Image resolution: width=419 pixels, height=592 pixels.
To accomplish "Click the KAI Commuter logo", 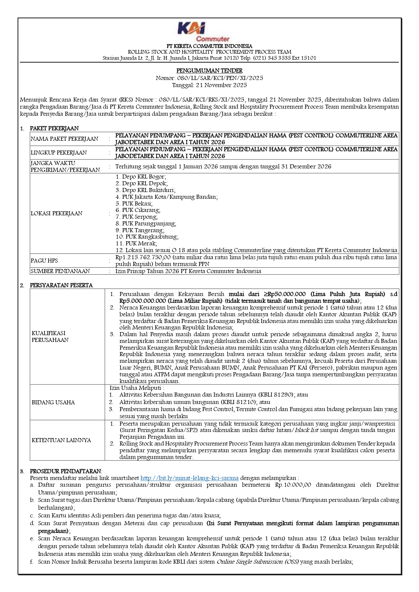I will (204, 31).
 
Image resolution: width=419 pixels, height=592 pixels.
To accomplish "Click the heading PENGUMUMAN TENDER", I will (209, 71).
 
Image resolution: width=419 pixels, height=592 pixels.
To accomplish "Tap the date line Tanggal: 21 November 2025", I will (209, 85).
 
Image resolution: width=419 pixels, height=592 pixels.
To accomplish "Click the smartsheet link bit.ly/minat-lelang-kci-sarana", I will (189, 478).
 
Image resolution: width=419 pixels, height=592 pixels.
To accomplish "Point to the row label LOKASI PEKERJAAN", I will (56, 213).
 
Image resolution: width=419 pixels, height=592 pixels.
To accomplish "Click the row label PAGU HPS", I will (44, 261).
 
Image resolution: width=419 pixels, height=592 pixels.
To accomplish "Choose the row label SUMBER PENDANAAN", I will (60, 271).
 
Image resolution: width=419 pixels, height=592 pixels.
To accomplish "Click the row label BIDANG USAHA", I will (53, 402).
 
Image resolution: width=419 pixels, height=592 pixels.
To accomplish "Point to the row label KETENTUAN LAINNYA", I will (61, 440).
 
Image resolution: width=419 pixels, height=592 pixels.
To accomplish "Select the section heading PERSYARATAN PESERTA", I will (61, 285).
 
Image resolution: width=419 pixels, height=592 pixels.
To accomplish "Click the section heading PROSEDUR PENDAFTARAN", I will (66, 471).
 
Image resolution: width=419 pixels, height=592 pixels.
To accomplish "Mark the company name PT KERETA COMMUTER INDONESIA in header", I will (209, 46).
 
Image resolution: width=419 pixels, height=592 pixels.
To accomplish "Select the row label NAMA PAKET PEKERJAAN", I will (64, 139).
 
